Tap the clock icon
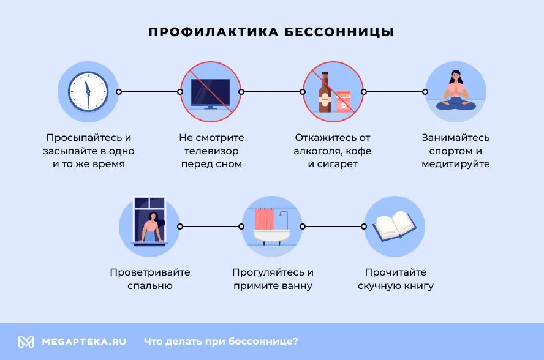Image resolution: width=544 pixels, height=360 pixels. (x=88, y=91)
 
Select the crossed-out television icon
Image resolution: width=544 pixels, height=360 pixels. (x=210, y=92)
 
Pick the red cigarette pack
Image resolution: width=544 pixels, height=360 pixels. (x=343, y=100)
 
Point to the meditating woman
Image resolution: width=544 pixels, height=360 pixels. (x=456, y=92)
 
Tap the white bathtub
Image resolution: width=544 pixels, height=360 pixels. (x=272, y=236)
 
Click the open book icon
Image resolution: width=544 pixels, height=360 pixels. (x=395, y=226)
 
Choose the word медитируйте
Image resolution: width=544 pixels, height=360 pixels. (x=456, y=164)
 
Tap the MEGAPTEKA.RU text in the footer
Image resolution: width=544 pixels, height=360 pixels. (x=84, y=342)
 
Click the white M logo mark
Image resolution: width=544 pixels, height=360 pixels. (x=26, y=342)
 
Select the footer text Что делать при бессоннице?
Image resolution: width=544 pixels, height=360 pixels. (x=221, y=342)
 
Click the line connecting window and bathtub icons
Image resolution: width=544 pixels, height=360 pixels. (x=211, y=226)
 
